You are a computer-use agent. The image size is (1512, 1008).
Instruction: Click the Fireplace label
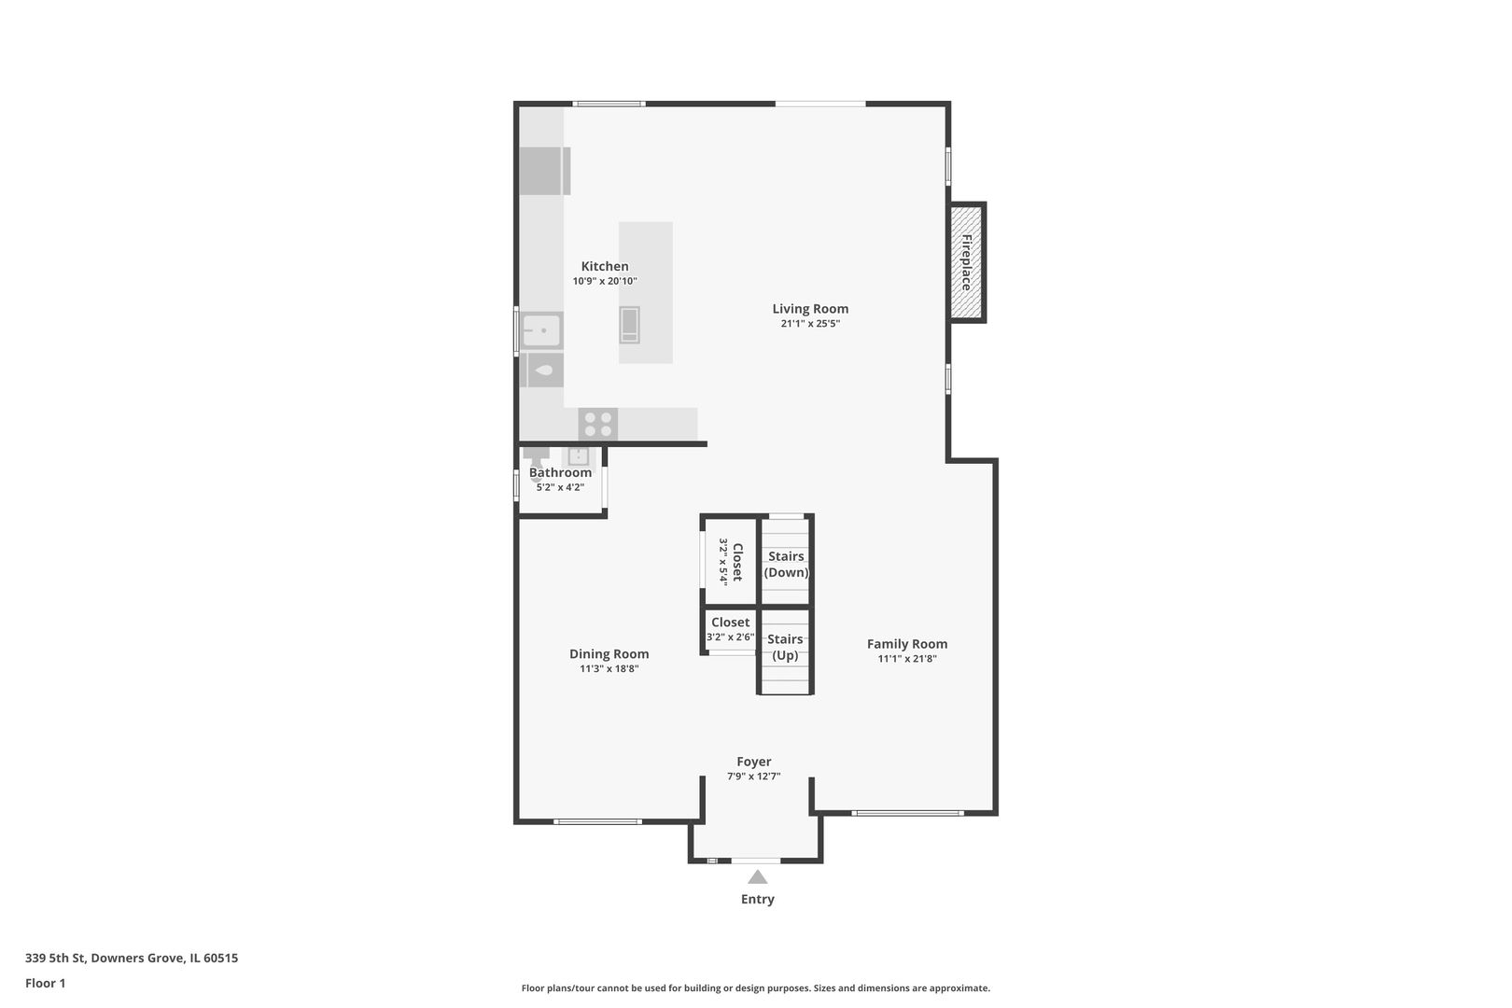pyautogui.click(x=967, y=262)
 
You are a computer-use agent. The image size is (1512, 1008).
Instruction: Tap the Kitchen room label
pyautogui.click(x=605, y=266)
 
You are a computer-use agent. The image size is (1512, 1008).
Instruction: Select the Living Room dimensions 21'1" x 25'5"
pyautogui.click(x=810, y=324)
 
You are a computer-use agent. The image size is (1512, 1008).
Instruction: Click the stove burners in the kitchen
pyautogui.click(x=597, y=425)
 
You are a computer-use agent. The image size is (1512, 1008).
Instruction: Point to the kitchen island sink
pyautogui.click(x=630, y=324)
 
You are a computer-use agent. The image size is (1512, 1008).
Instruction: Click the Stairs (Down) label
pyautogui.click(x=786, y=564)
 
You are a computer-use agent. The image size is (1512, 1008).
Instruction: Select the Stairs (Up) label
pyautogui.click(x=785, y=647)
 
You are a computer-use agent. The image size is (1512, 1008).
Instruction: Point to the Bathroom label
pyautogui.click(x=560, y=472)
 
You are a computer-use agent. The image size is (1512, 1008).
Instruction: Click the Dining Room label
pyautogui.click(x=609, y=654)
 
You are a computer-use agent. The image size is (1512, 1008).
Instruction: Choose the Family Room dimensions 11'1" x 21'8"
pyautogui.click(x=906, y=659)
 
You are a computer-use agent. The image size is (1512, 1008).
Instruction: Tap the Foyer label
pyautogui.click(x=753, y=762)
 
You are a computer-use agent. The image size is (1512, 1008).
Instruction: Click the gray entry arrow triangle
pyautogui.click(x=757, y=877)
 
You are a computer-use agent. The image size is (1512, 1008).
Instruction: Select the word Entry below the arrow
pyautogui.click(x=757, y=900)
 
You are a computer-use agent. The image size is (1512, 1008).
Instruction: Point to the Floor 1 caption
pyautogui.click(x=45, y=983)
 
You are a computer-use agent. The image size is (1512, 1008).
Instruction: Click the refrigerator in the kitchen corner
pyautogui.click(x=543, y=171)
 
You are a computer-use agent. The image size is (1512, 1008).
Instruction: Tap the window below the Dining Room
pyautogui.click(x=597, y=821)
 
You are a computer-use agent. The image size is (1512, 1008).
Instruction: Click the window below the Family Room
pyautogui.click(x=907, y=813)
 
